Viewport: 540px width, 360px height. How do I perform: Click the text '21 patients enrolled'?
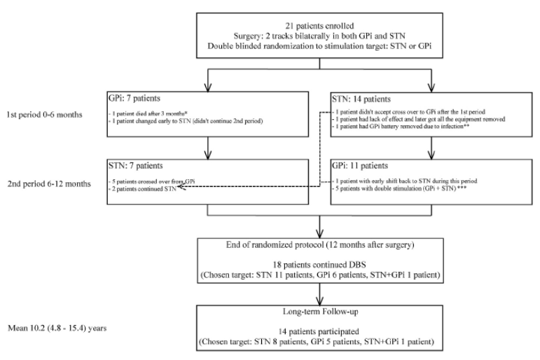click(319, 26)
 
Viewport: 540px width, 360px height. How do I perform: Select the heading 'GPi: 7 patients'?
click(134, 99)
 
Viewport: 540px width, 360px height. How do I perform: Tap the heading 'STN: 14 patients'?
click(361, 99)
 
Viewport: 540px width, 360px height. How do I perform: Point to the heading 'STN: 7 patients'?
click(136, 166)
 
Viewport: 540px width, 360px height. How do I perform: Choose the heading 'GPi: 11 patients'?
click(360, 166)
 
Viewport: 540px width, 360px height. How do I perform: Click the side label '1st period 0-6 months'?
click(44, 115)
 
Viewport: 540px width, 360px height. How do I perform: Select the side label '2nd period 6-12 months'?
click(49, 184)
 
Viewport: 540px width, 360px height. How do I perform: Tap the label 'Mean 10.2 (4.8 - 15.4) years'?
click(57, 328)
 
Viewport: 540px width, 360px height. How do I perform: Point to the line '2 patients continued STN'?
click(142, 189)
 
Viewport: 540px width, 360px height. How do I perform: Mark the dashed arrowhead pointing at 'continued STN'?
click(181, 187)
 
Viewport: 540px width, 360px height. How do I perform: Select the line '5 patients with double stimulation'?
click(396, 188)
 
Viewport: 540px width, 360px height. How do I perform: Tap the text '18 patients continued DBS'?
click(319, 265)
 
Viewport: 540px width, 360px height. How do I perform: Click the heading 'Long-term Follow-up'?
click(320, 312)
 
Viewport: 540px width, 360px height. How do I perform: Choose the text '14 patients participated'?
click(319, 332)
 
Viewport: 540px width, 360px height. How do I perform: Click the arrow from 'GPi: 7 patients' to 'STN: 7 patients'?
click(208, 148)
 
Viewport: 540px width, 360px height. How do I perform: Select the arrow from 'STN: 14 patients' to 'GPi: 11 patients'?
click(431, 148)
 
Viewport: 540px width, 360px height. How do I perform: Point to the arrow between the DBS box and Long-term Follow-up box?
click(320, 294)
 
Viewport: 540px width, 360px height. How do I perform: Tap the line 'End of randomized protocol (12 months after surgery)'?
click(320, 245)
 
